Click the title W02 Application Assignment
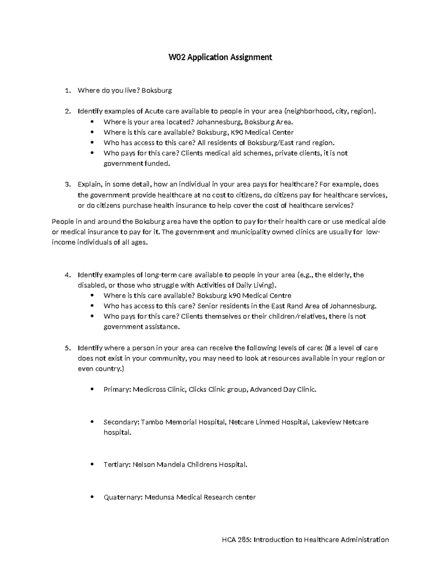tap(220, 57)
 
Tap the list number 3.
tap(67, 184)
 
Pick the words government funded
tap(137, 164)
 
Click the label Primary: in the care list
tap(117, 389)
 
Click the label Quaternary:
tap(123, 497)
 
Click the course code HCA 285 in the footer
tap(236, 540)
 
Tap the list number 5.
tap(67, 348)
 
